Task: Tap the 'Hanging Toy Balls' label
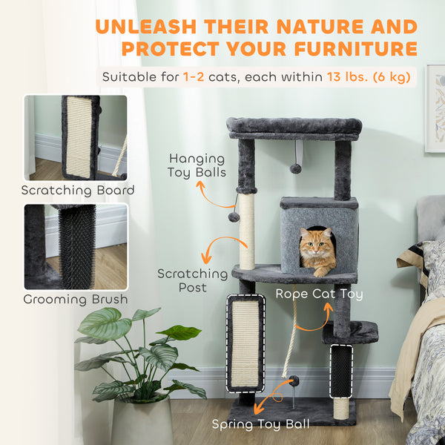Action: [198, 165]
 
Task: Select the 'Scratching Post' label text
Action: [192, 280]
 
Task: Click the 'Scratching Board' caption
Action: [77, 191]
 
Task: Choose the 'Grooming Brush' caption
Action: [75, 300]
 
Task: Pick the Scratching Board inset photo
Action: [75, 137]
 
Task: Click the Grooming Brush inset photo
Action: [75, 246]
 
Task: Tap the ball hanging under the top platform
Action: [295, 168]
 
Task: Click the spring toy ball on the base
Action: [294, 381]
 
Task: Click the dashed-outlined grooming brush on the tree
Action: [340, 370]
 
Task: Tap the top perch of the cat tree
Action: [294, 127]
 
